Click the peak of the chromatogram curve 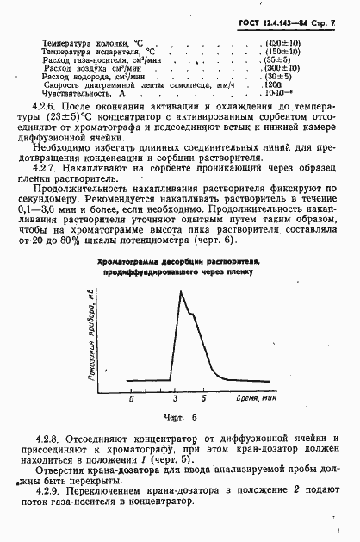click(x=180, y=293)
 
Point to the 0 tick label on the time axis click(x=131, y=400)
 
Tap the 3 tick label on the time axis click(x=175, y=400)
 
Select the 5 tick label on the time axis click(x=204, y=400)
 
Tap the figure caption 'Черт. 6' click(x=182, y=417)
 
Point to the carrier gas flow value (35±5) click(x=279, y=59)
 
